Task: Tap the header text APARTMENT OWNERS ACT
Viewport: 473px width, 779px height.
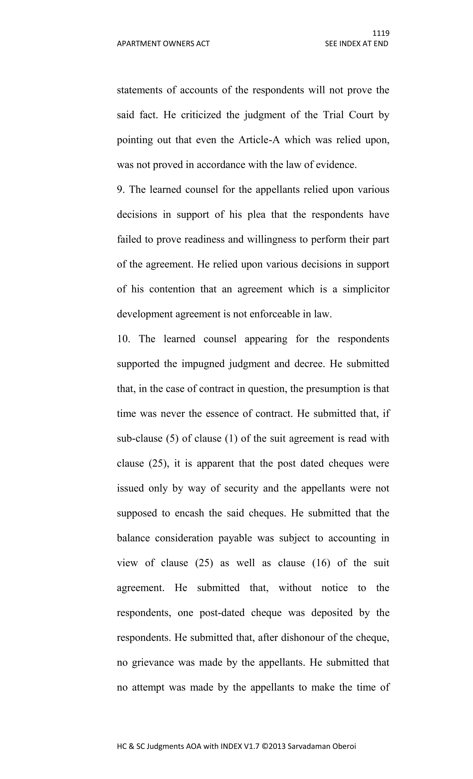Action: [x=163, y=44]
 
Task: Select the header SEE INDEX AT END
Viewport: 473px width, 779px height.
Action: [x=356, y=44]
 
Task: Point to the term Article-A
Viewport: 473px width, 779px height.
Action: [x=259, y=140]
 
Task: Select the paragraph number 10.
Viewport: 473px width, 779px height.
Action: [x=123, y=339]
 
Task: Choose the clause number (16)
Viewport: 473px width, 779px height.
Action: [x=321, y=563]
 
